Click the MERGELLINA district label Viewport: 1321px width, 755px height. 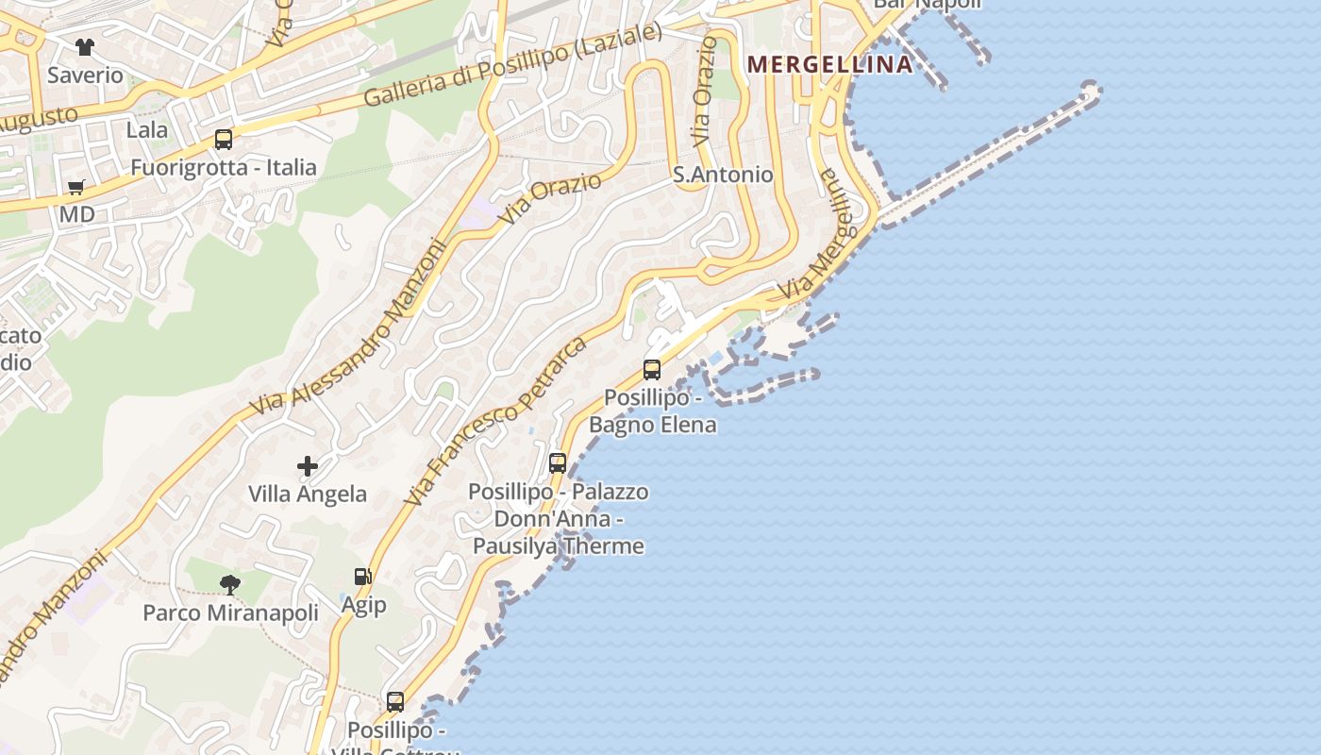(830, 64)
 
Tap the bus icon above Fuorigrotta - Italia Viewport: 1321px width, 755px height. (224, 140)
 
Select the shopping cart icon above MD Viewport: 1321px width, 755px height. (76, 187)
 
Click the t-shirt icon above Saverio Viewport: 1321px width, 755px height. (85, 47)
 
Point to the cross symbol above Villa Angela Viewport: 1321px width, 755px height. (308, 466)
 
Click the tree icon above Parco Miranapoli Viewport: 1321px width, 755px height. (230, 585)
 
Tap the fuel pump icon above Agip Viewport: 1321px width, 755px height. (362, 577)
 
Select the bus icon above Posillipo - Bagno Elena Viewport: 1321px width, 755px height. (652, 370)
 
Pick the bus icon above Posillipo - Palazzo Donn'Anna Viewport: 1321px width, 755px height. (558, 463)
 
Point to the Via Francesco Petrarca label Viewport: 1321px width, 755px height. (495, 421)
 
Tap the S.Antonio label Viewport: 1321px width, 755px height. (723, 175)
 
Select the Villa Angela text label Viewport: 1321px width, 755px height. (308, 494)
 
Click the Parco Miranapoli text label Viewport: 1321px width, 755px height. (231, 613)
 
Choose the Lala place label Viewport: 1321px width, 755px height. (147, 129)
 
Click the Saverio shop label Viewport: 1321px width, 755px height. (86, 75)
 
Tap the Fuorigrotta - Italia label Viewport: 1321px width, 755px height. (224, 168)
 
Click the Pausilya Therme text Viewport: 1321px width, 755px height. (559, 545)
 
